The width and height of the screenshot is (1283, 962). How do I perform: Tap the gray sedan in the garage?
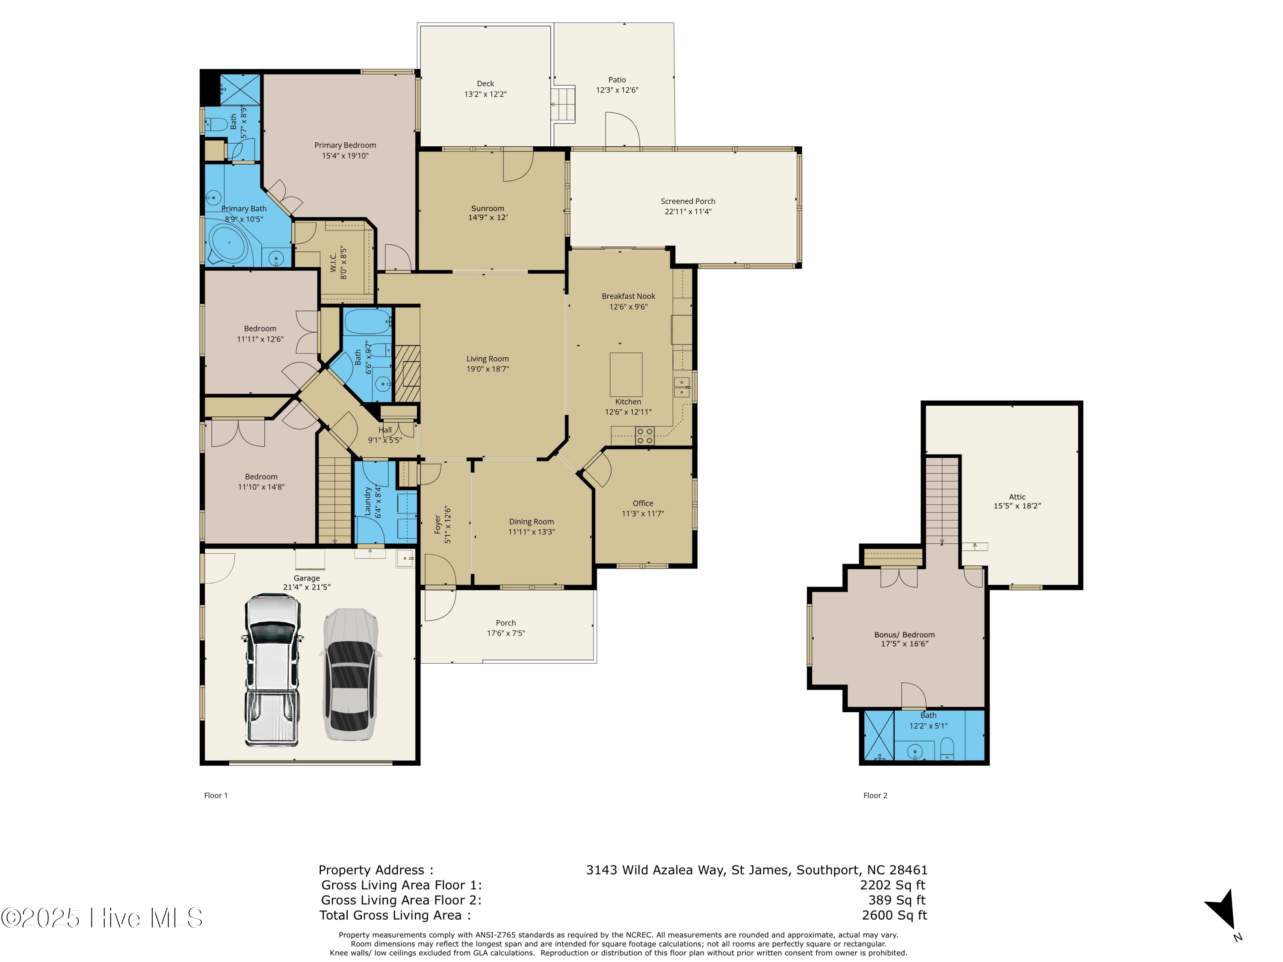350,674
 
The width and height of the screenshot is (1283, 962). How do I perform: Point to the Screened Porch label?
688,201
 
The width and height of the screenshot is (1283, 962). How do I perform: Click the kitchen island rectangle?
626,375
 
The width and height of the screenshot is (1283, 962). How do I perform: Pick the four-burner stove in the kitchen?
645,436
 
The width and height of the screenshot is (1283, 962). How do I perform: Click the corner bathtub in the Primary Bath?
230,244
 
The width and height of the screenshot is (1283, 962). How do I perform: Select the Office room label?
643,503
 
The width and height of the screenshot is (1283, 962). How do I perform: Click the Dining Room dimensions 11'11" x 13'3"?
531,532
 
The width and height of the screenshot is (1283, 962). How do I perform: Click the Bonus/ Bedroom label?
904,635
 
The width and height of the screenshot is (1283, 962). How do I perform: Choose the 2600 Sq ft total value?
894,915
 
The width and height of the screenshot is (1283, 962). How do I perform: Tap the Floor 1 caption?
216,796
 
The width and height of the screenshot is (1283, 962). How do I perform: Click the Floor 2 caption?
875,796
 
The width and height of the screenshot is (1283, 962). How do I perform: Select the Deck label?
485,83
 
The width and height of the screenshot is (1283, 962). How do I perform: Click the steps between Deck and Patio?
563,104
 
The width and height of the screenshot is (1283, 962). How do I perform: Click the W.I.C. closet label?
334,262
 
